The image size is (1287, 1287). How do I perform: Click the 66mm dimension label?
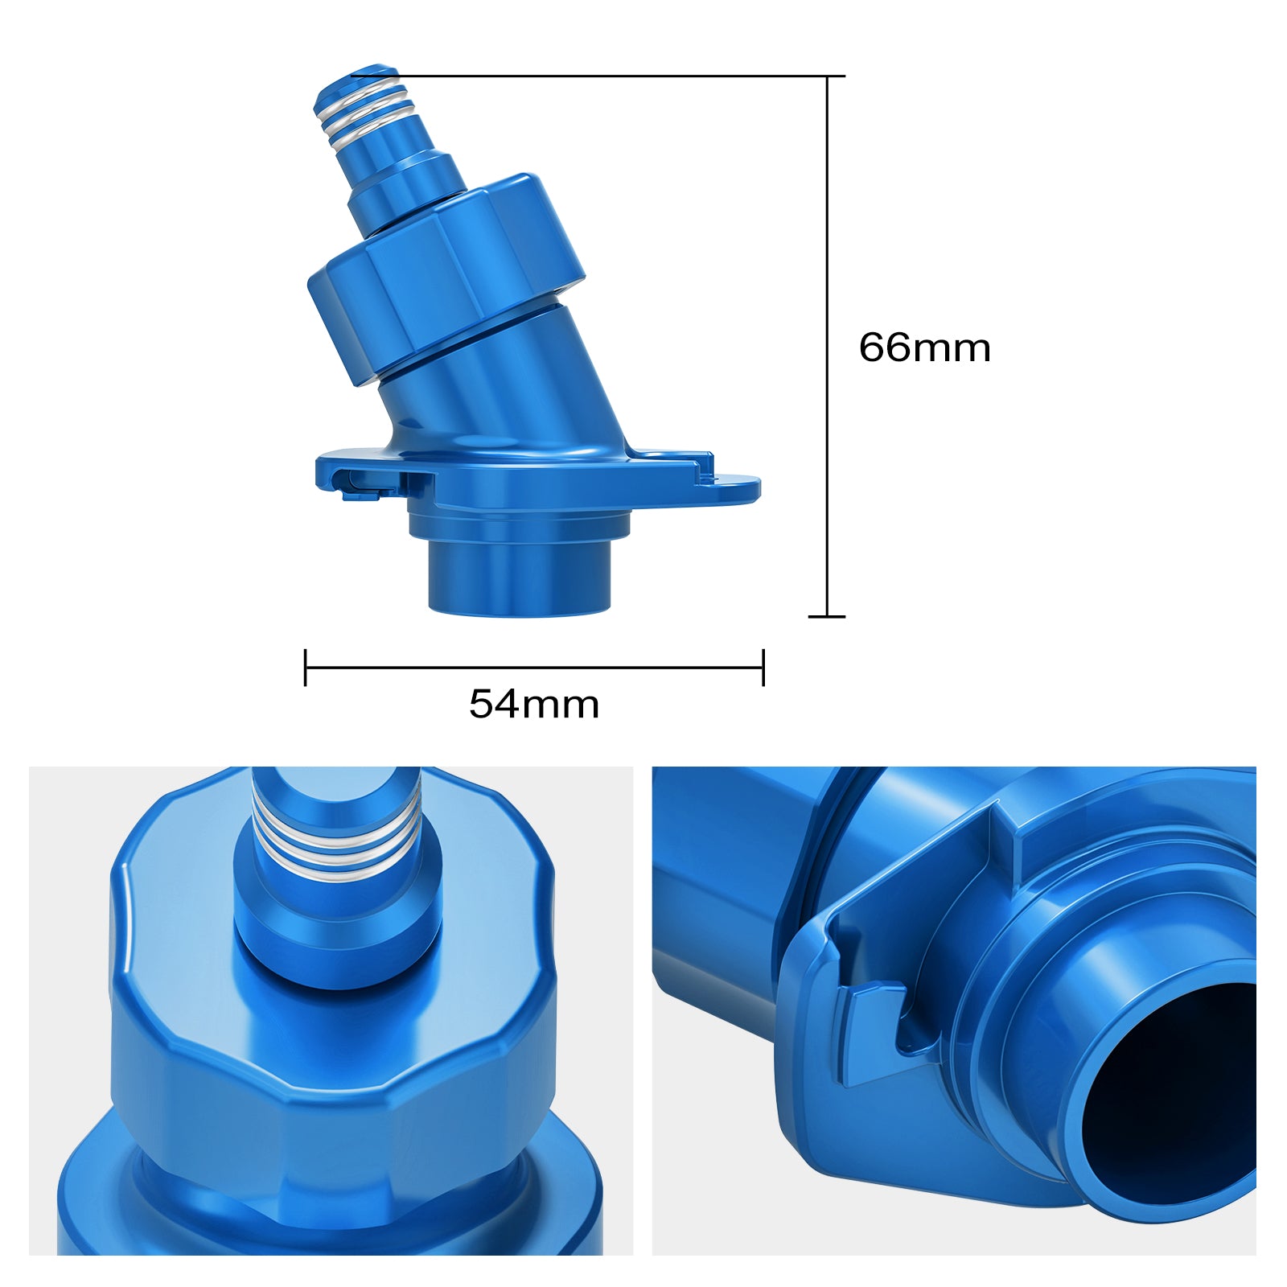pos(924,347)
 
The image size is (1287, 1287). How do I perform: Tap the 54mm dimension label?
pos(534,705)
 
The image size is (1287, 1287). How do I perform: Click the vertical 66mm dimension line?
pos(828,346)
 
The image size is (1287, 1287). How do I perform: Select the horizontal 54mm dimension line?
pos(534,667)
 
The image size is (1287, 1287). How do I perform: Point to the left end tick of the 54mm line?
pos(305,667)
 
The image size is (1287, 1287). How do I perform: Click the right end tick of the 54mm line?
pos(763,667)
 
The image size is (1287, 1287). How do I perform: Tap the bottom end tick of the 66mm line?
pos(827,617)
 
